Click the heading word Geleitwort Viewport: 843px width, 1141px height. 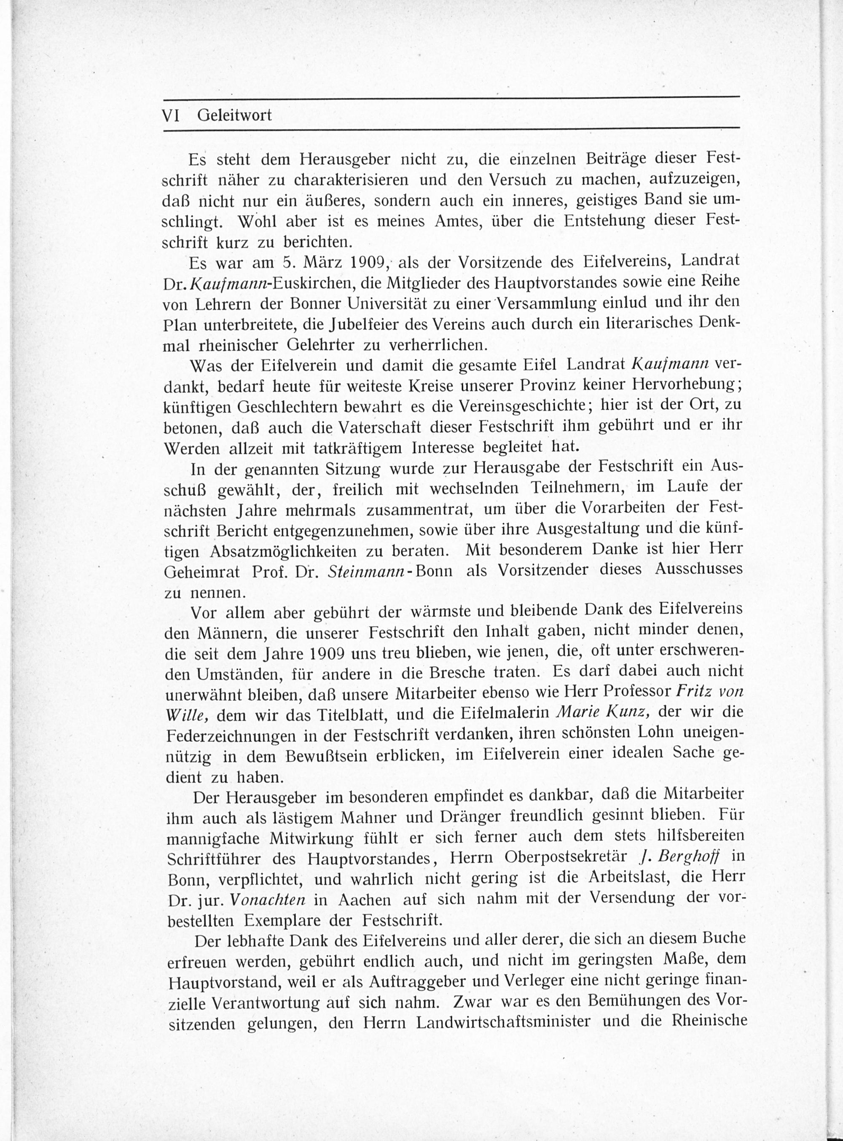coord(234,116)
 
